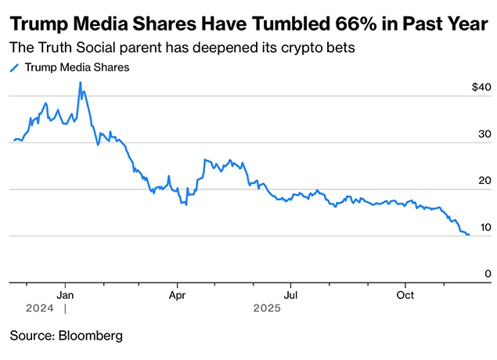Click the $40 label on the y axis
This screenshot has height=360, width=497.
tap(480, 87)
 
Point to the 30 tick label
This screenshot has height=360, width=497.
tap(484, 134)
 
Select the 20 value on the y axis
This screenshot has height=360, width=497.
tap(484, 181)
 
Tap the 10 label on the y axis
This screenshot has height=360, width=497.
tap(484, 228)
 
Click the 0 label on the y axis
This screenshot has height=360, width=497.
tap(487, 274)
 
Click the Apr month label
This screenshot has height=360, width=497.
tap(178, 295)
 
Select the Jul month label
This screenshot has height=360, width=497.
tap(290, 295)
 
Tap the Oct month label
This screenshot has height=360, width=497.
tap(405, 295)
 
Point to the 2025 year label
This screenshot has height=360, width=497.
tap(266, 309)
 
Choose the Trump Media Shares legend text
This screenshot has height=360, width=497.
tap(77, 67)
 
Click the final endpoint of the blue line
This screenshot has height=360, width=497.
tap(469, 235)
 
